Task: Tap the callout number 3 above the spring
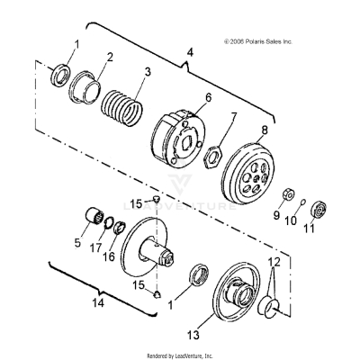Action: click(148, 70)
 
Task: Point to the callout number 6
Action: click(208, 97)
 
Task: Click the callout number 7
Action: click(234, 116)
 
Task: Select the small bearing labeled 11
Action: click(319, 212)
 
